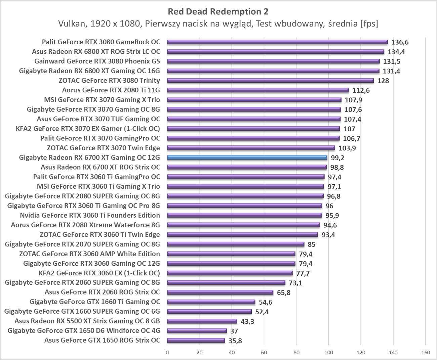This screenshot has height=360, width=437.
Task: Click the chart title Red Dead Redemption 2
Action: coord(218,11)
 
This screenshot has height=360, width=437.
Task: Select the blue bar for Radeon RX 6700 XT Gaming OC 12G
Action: coord(247,157)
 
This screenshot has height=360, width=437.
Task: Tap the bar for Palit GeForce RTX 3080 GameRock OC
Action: coord(277,42)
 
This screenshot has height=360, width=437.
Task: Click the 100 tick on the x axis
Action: coord(328,352)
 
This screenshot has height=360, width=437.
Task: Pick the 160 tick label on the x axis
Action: coord(425,352)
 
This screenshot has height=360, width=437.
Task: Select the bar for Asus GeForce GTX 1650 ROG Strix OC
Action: coord(196,341)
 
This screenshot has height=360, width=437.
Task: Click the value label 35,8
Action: coord(235,341)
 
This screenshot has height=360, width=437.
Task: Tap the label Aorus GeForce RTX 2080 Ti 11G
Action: coord(111,90)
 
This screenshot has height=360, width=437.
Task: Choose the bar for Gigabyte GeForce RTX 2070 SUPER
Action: coord(236,244)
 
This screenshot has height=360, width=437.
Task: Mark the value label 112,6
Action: coord(361,90)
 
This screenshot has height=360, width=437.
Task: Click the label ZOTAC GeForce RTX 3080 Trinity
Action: coord(109,80)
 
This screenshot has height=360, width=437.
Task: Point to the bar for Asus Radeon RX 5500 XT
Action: coord(202,321)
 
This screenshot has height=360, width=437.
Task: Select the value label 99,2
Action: coord(337,158)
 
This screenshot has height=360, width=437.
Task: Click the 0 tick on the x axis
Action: coord(167,352)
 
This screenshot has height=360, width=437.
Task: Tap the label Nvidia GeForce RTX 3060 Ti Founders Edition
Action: coord(90,215)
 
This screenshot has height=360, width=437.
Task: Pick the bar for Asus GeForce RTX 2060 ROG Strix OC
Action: coord(220,292)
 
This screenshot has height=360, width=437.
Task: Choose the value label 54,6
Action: coord(265,302)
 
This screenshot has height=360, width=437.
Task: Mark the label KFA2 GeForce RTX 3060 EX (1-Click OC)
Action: coord(99,273)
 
